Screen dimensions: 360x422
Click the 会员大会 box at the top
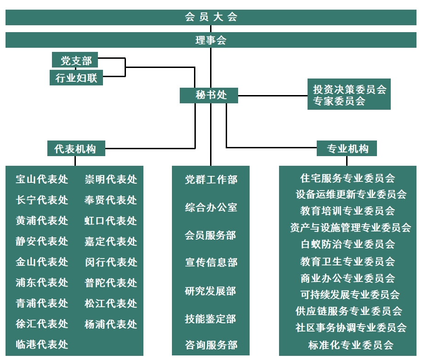tap(211, 17)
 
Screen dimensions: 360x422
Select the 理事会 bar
tap(211, 40)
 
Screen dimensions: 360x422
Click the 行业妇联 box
tap(76, 78)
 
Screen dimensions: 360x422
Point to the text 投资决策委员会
tap(349, 89)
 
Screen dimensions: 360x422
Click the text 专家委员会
tap(339, 101)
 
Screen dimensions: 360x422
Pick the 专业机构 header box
tap(347, 148)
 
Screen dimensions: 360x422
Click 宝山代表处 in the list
tap(42, 179)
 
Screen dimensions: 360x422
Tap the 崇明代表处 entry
tap(111, 179)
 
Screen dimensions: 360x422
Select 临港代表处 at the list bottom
tap(42, 344)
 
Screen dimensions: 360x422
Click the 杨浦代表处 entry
tap(111, 324)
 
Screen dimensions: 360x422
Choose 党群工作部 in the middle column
tap(211, 180)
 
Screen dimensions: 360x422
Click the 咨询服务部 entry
tap(211, 345)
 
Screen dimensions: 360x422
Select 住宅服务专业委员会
tap(348, 178)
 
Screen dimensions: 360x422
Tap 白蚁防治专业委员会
tap(348, 244)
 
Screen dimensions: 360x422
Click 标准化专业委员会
tap(351, 345)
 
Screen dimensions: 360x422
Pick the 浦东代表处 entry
tap(42, 282)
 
